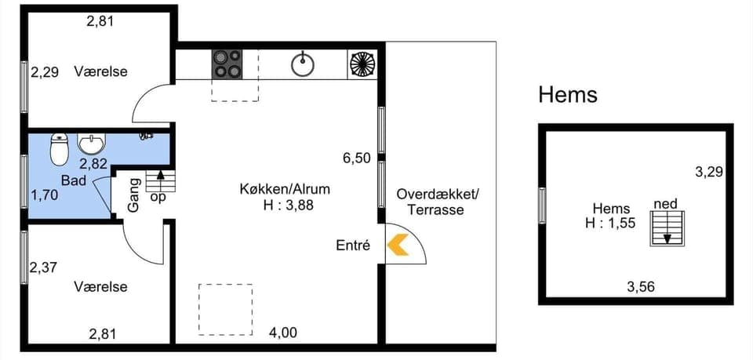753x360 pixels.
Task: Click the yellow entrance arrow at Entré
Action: pyautogui.click(x=398, y=245)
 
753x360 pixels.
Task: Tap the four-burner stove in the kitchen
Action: pyautogui.click(x=228, y=64)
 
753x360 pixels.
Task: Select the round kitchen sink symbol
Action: pyautogui.click(x=303, y=64)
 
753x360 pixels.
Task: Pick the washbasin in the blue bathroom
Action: pyautogui.click(x=92, y=144)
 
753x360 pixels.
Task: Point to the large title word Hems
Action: pyautogui.click(x=568, y=95)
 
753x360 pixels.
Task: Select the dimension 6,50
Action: pyautogui.click(x=356, y=158)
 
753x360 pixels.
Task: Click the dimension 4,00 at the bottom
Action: pyautogui.click(x=283, y=333)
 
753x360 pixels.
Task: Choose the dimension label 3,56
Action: pyautogui.click(x=641, y=287)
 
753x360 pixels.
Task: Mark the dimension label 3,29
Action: pyautogui.click(x=709, y=170)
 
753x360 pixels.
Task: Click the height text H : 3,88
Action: pyautogui.click(x=285, y=205)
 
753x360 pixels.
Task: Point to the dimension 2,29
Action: pyautogui.click(x=45, y=72)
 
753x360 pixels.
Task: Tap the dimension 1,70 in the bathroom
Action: pyautogui.click(x=44, y=195)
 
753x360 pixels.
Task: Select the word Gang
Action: pyautogui.click(x=133, y=195)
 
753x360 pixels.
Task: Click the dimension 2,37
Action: pyautogui.click(x=44, y=268)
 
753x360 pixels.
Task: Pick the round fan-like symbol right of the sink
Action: pyautogui.click(x=362, y=64)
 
